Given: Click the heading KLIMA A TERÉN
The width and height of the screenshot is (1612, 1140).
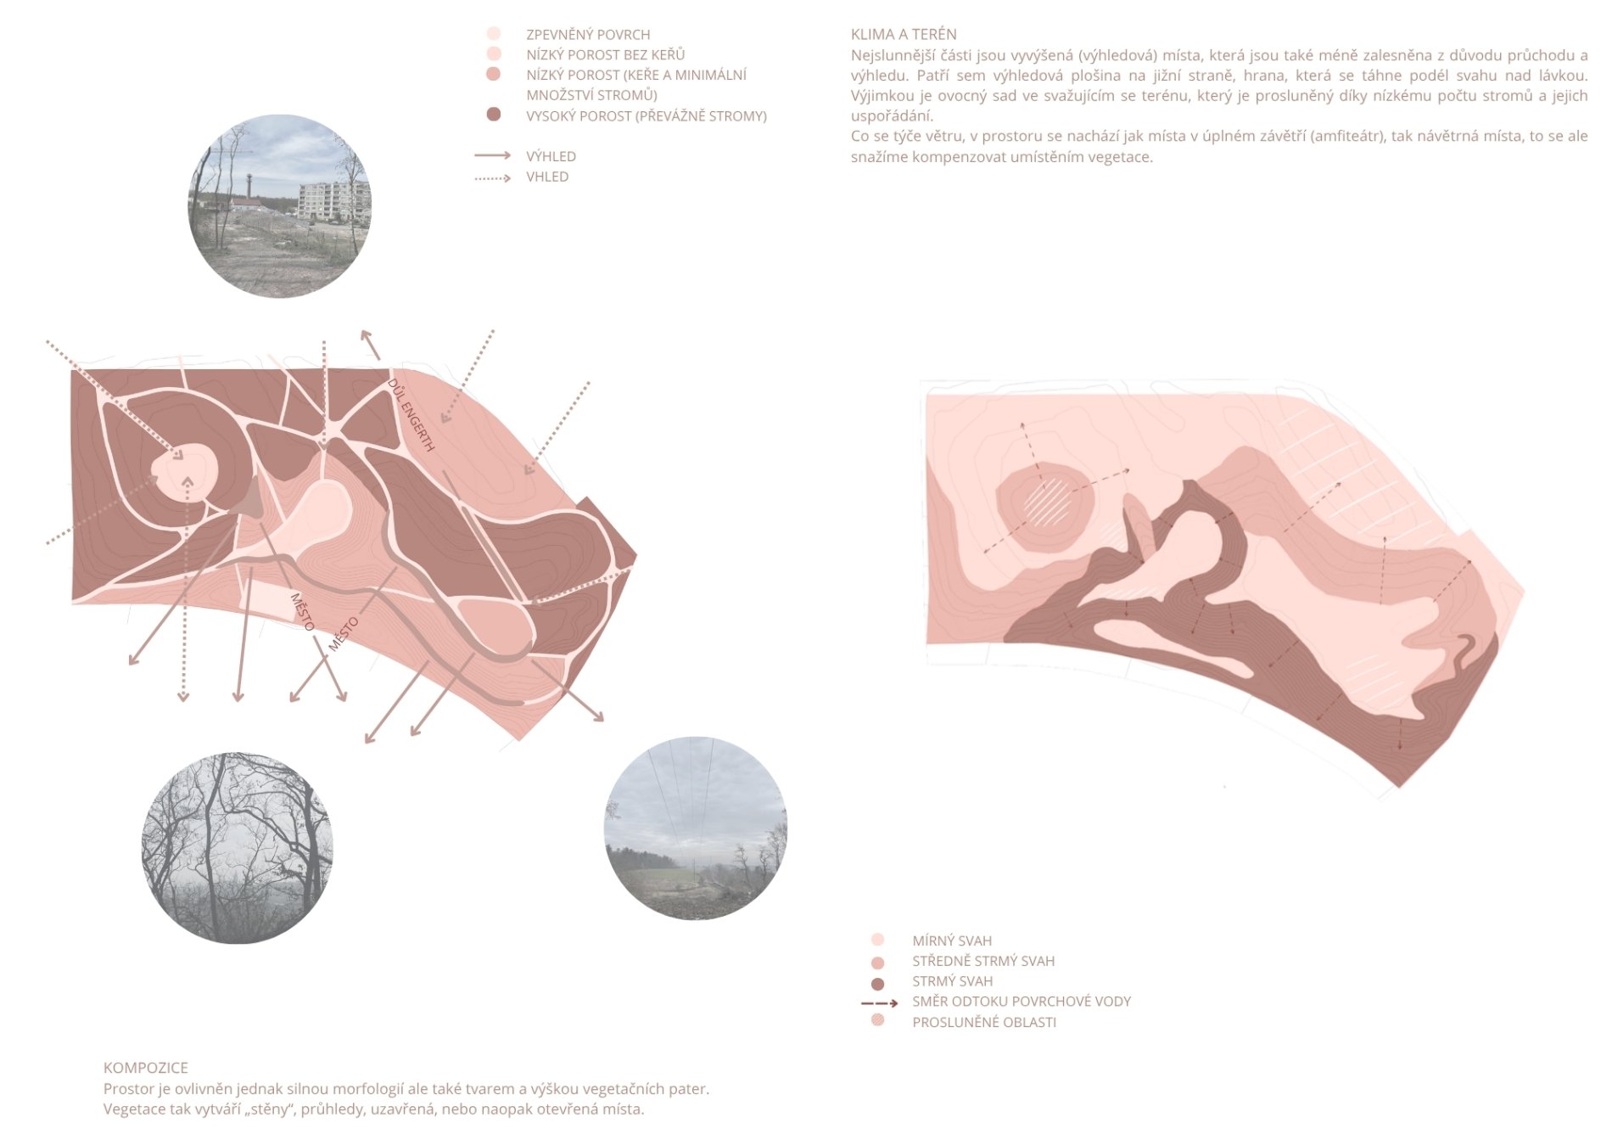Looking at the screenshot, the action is tap(904, 35).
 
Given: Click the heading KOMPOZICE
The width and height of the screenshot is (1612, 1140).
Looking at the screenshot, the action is tap(146, 1068).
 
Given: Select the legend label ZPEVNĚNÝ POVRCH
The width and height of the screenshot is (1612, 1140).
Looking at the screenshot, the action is tap(588, 35).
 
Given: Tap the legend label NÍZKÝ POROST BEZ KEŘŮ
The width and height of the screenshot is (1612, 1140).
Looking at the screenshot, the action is tap(606, 55).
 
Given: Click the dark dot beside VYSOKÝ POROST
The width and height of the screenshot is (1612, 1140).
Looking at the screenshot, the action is tap(494, 115).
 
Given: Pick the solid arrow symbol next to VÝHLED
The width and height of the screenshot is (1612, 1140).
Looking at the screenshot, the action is tap(493, 155).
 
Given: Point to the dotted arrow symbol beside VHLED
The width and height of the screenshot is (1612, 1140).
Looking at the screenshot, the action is tap(493, 177).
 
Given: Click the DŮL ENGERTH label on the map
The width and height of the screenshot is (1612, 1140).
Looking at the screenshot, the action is tap(411, 415).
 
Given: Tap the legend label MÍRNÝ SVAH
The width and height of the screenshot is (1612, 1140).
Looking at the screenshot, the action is tap(952, 941).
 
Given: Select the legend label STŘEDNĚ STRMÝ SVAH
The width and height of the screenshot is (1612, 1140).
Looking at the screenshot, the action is tap(983, 961).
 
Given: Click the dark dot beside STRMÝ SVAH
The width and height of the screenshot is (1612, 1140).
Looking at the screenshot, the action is tap(878, 984).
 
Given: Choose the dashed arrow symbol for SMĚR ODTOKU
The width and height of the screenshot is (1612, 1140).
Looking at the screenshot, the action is tap(880, 1003).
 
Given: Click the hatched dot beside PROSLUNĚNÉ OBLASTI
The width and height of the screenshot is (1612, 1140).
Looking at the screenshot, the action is tap(878, 1020).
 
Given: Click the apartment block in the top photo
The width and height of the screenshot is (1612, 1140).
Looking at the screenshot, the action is tap(333, 201).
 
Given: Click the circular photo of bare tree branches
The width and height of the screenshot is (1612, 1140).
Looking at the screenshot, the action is tap(238, 847).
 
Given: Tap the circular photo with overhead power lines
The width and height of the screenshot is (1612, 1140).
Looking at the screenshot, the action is tap(696, 828).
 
